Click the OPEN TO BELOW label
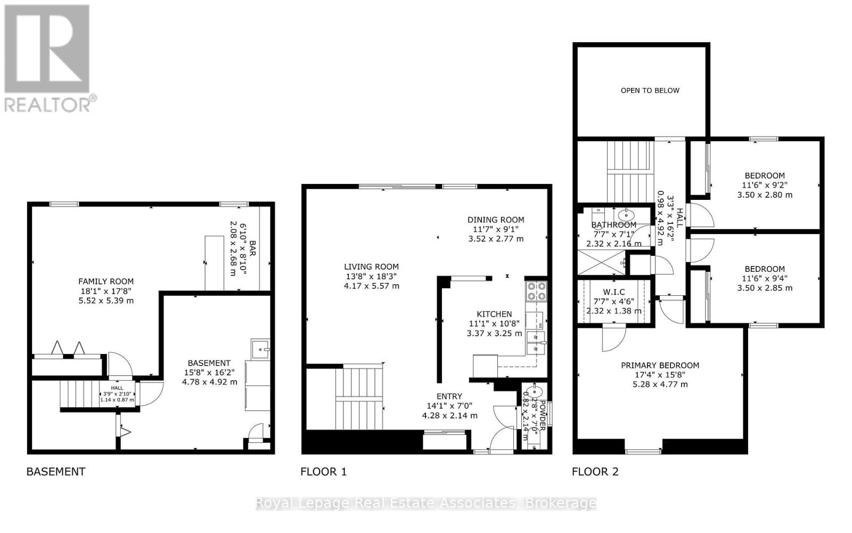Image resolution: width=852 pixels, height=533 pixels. pyautogui.click(x=650, y=91)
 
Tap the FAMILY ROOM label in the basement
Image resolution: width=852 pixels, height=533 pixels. pyautogui.click(x=106, y=281)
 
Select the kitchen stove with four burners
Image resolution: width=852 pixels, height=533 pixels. pyautogui.click(x=536, y=292)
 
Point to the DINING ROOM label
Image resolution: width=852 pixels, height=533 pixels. pyautogui.click(x=496, y=220)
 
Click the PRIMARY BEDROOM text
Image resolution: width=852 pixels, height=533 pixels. pyautogui.click(x=660, y=366)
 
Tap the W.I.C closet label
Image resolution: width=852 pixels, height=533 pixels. pyautogui.click(x=613, y=292)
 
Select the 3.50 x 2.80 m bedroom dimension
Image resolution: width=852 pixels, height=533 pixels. pyautogui.click(x=765, y=195)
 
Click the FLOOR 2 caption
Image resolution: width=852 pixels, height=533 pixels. pyautogui.click(x=595, y=472)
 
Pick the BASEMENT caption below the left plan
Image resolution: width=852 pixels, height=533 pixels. pyautogui.click(x=56, y=472)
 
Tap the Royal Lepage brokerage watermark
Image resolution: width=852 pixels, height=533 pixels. pyautogui.click(x=426, y=503)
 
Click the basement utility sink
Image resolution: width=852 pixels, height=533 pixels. pyautogui.click(x=260, y=349)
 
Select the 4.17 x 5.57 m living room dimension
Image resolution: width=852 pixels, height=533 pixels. pyautogui.click(x=371, y=286)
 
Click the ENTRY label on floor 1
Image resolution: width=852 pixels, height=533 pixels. pyautogui.click(x=449, y=397)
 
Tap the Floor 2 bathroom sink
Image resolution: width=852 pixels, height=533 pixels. pyautogui.click(x=626, y=215)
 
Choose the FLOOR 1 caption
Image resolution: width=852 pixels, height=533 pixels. pyautogui.click(x=323, y=472)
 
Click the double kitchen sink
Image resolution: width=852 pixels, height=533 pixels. pyautogui.click(x=535, y=342)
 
